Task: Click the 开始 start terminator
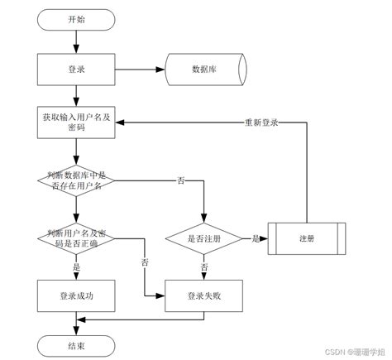coord(76,18)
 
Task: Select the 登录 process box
coord(76,69)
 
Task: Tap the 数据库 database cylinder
coord(203,69)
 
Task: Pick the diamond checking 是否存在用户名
coord(76,180)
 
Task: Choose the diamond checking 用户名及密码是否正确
coord(76,238)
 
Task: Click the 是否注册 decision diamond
coord(203,238)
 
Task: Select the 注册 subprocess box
coord(306,238)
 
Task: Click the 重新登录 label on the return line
coord(261,122)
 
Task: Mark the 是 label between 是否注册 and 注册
coord(256,238)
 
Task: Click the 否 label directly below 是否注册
coord(203,267)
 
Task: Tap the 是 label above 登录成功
coord(76,267)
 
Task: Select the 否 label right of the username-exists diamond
coord(180,180)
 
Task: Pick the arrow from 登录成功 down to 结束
coord(76,323)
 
